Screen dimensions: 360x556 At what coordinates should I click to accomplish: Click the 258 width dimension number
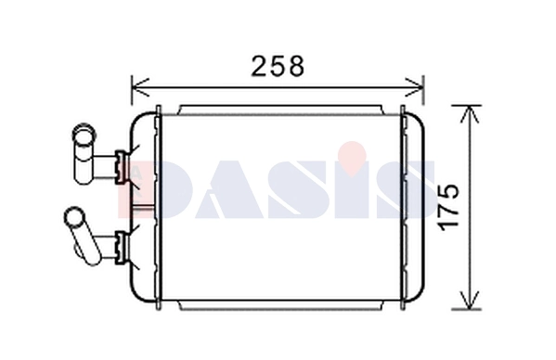pos(278,67)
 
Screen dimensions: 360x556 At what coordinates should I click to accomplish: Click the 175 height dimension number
pos(447,209)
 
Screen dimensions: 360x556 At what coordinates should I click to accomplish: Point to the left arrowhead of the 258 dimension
pos(137,89)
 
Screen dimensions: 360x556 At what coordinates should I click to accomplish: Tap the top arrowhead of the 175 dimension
pos(472,113)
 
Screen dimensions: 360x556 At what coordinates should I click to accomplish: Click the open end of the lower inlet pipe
pos(72,219)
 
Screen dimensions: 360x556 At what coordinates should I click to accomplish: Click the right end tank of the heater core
pos(414,209)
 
